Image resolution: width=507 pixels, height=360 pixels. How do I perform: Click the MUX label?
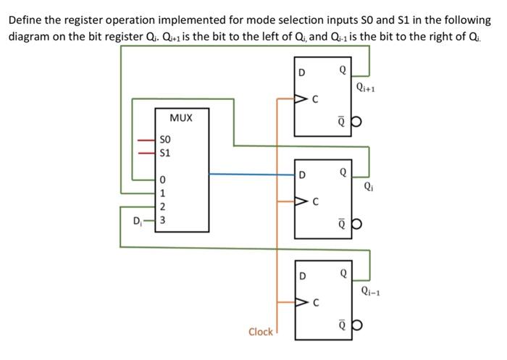pos(180,117)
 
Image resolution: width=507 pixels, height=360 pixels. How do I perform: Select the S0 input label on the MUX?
pos(165,139)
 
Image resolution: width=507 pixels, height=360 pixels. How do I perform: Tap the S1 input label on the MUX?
pos(165,153)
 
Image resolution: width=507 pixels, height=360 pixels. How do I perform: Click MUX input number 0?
pos(163,180)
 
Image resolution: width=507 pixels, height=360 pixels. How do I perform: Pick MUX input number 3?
pos(163,219)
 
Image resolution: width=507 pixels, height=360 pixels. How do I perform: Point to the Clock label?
pos(260,332)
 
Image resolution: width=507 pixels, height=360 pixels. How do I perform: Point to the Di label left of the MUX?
pos(135,219)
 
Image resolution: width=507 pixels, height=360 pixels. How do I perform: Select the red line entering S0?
pos(148,139)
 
